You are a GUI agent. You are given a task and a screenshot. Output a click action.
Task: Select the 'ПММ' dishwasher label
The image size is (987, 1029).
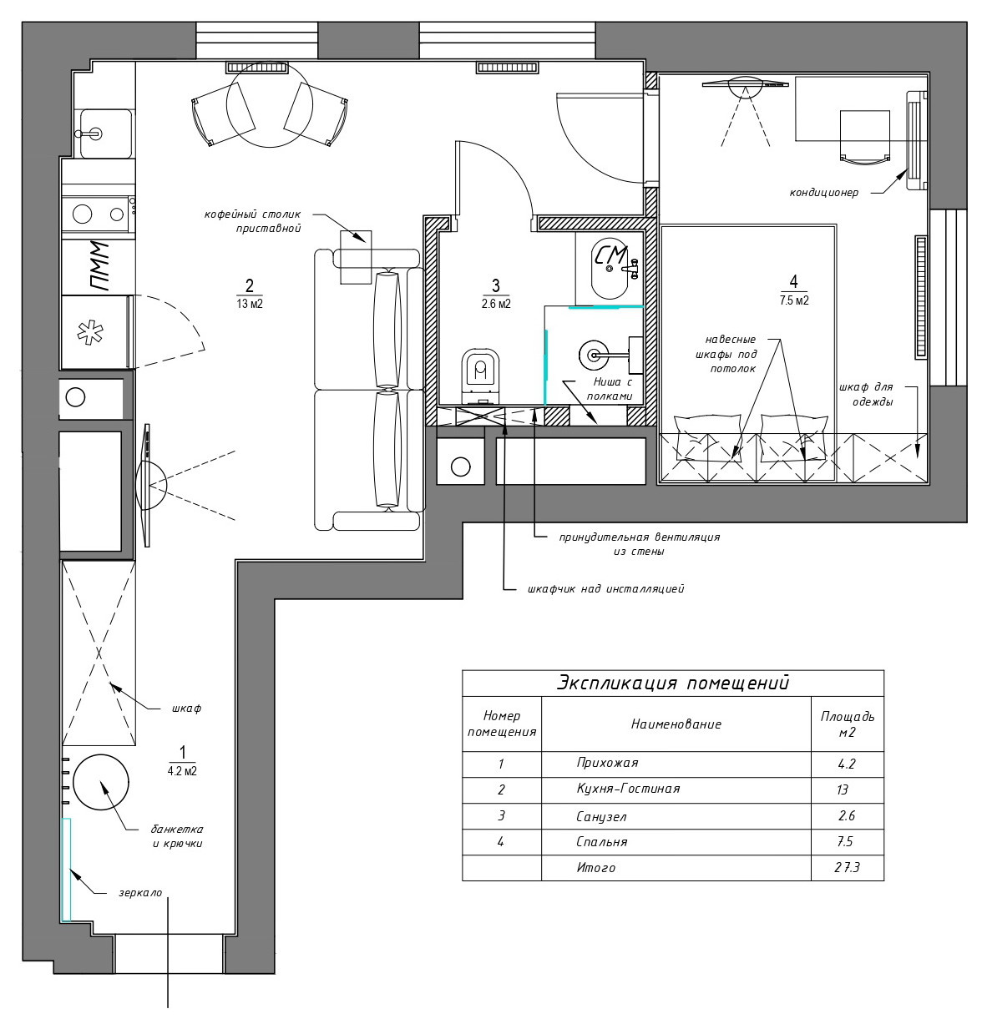click(99, 266)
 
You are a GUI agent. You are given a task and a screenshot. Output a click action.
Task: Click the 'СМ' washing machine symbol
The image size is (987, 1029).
click(612, 260)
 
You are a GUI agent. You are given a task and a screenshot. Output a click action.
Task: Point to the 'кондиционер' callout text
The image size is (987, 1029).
click(823, 193)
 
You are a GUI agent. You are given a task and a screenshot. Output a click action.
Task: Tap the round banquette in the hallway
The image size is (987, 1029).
click(101, 782)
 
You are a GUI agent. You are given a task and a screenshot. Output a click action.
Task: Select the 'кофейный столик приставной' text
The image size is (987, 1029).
click(252, 221)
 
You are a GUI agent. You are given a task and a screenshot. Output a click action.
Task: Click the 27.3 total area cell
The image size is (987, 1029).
click(847, 868)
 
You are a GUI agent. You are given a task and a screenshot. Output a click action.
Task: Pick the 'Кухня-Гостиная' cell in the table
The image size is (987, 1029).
click(628, 789)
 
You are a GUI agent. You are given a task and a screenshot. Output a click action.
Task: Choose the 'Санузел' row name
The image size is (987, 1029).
click(601, 816)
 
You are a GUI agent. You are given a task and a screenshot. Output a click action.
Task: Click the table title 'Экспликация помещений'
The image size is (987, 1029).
click(672, 683)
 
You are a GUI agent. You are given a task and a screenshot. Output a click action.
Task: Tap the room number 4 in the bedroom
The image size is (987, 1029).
click(793, 280)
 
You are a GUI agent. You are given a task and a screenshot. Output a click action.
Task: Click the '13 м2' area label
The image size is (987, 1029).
click(250, 304)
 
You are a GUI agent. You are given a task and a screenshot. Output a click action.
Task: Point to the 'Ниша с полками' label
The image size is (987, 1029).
click(608, 389)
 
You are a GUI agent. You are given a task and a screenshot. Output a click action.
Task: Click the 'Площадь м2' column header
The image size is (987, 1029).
click(847, 724)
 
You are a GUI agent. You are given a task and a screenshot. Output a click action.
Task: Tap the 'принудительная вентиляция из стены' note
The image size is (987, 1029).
click(639, 544)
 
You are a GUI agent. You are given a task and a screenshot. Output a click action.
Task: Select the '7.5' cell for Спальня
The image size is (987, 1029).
click(846, 842)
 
